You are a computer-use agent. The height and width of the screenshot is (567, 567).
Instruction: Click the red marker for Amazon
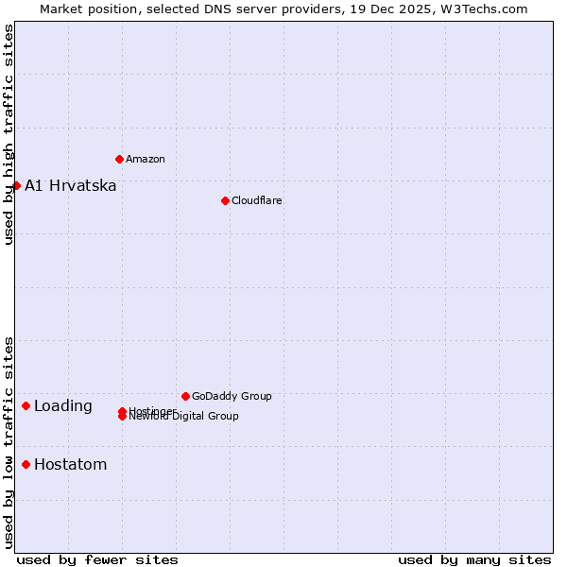pos(119,159)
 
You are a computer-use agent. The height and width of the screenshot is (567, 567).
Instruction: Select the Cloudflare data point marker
pos(225,200)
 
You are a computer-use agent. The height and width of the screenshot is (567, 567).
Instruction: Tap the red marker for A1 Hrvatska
pos(16,185)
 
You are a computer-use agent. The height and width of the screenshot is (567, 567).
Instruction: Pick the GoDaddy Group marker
pos(185,396)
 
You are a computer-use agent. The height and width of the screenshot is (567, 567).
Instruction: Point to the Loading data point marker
pos(26,405)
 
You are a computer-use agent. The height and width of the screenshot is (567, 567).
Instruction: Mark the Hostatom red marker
pos(26,464)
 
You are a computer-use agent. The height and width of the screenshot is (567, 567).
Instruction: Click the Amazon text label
pos(145,159)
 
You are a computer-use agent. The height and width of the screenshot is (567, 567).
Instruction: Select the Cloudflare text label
pos(256,200)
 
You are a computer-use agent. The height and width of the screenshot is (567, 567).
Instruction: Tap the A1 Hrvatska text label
pos(71,185)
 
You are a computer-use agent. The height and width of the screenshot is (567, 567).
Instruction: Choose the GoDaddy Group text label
pos(232,396)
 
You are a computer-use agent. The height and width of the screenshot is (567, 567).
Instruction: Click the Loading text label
pos(63,406)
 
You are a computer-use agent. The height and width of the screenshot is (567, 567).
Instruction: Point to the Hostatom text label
pos(70,465)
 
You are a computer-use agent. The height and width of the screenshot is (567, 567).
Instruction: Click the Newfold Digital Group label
pos(185,417)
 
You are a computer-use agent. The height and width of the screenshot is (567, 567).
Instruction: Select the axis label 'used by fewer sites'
pos(97,559)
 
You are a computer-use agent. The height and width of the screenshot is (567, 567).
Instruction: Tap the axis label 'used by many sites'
pos(474,559)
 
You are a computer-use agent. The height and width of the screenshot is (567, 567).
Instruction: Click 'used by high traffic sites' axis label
pos(9,134)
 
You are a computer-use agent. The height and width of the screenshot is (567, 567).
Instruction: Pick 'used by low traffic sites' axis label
pos(9,442)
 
